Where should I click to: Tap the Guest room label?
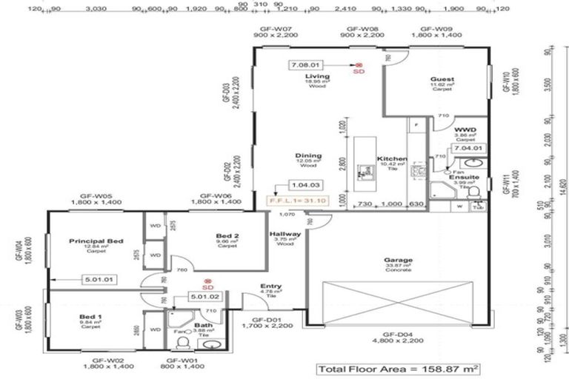pos(442,79)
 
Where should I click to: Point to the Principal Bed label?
pos(96,241)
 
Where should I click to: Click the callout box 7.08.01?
pos(307,64)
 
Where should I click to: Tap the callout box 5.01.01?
pos(99,280)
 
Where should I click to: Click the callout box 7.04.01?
pos(470,147)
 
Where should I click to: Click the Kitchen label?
pos(390,159)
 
